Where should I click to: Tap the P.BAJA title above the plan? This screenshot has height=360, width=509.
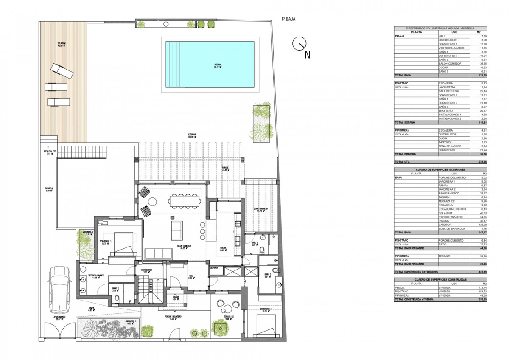coord(288,19)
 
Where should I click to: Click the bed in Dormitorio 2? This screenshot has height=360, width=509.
coord(266,324)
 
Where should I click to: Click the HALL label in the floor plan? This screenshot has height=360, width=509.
coord(190,276)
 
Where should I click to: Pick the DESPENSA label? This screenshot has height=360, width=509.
coord(214,268)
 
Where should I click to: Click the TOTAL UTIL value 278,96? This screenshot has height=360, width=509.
coord(481,162)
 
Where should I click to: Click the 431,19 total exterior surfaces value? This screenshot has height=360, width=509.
coord(481,271)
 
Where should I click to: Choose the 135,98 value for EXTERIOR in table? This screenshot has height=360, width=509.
coord(481,225)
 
